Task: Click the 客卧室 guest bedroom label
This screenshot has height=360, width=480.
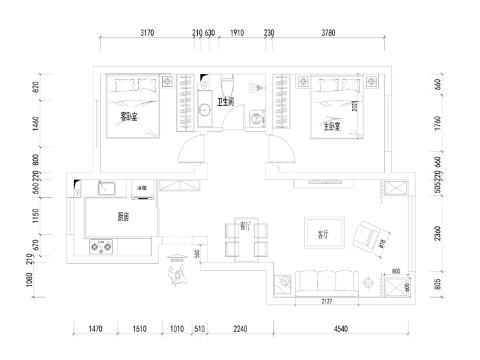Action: click(132, 115)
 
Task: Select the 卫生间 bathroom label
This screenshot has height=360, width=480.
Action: click(226, 101)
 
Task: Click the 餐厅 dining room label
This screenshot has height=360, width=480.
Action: click(246, 226)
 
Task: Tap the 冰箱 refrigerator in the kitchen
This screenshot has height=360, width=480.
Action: click(142, 189)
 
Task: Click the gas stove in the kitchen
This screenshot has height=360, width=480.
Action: click(101, 246)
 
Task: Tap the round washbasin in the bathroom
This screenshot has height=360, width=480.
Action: click(204, 110)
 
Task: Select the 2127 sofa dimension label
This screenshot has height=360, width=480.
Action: click(328, 300)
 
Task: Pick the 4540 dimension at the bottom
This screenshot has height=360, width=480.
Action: click(342, 330)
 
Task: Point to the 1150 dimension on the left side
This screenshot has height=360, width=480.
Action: click(36, 214)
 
